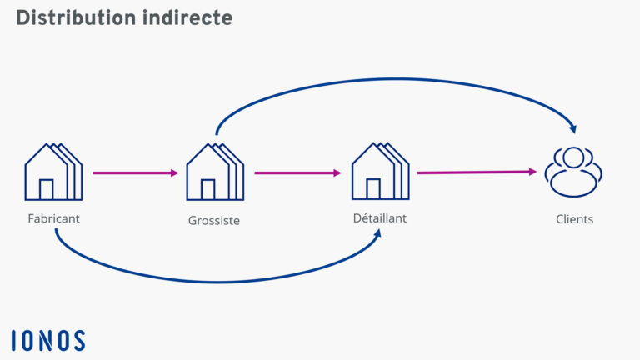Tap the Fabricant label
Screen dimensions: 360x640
[x=52, y=218]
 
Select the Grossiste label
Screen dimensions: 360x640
[x=214, y=221]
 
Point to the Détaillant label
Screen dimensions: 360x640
[x=379, y=218]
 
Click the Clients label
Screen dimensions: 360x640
[x=575, y=220]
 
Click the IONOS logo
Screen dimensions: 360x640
[x=48, y=340]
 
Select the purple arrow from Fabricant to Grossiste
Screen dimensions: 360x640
[x=135, y=173]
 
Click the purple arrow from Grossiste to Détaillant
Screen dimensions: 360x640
[x=297, y=173]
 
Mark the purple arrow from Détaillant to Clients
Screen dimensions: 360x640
[x=476, y=172]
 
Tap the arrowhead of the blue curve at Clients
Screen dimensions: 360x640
[x=572, y=128]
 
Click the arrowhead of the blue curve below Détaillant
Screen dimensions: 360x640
[x=378, y=234]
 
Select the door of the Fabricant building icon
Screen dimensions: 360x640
[x=47, y=189]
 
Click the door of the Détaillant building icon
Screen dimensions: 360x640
[x=373, y=189]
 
